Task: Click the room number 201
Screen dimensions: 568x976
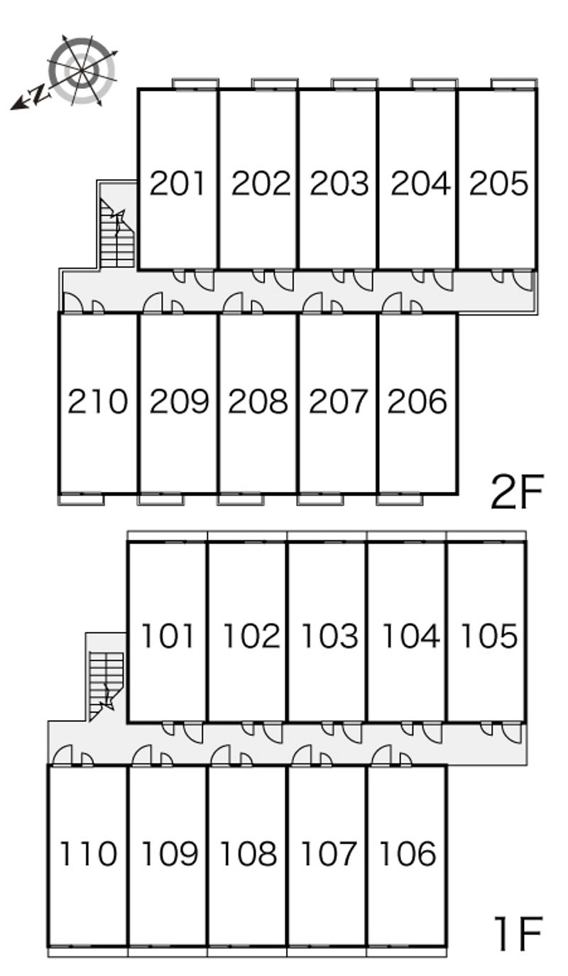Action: pyautogui.click(x=177, y=183)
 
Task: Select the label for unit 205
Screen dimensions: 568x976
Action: pyautogui.click(x=499, y=183)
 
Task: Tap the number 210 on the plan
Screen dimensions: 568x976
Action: pyautogui.click(x=98, y=401)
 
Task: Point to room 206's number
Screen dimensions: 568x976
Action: pyautogui.click(x=417, y=401)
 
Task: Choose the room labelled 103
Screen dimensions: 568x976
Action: pyautogui.click(x=329, y=636)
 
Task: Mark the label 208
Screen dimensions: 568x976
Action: pyautogui.click(x=258, y=401)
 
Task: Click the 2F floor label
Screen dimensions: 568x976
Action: pyautogui.click(x=517, y=493)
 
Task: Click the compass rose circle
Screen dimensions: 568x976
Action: pyautogui.click(x=82, y=71)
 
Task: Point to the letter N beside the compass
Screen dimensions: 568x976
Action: pyautogui.click(x=40, y=93)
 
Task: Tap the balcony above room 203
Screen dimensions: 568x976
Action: pyautogui.click(x=354, y=83)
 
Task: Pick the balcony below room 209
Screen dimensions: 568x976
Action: pyautogui.click(x=160, y=500)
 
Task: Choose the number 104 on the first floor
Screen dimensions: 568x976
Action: pyautogui.click(x=410, y=636)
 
